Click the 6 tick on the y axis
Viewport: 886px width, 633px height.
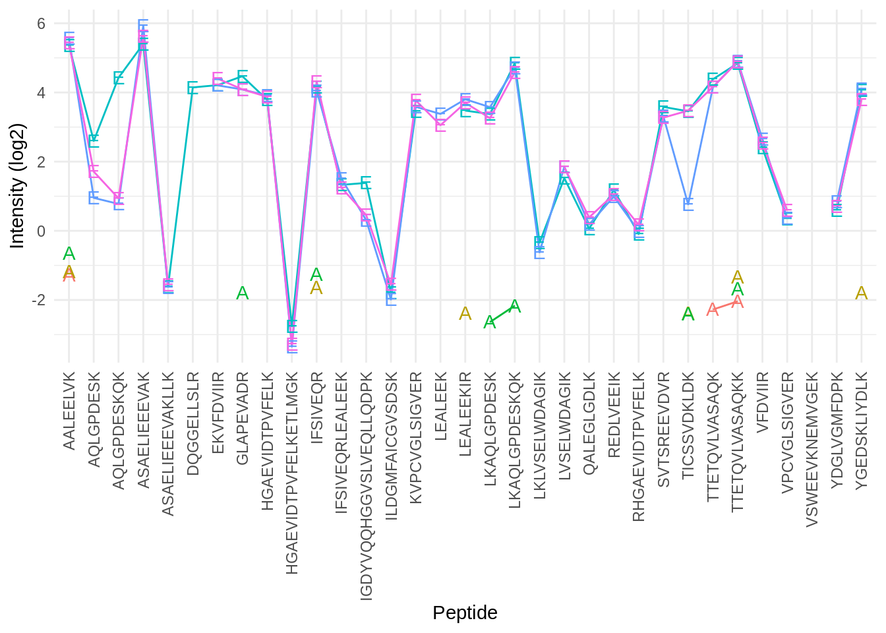41,24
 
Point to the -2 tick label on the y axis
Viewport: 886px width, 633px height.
38,300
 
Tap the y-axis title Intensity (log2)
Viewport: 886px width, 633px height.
18,186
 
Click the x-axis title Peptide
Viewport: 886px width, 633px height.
465,613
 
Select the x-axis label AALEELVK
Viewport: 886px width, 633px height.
69,411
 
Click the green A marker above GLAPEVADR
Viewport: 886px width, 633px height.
243,293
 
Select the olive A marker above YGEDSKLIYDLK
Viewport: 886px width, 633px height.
862,293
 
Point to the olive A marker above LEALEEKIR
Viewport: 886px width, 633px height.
465,314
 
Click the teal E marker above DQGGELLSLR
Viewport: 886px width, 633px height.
193,87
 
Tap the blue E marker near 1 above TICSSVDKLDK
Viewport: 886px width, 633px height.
688,204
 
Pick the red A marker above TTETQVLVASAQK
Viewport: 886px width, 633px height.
713,309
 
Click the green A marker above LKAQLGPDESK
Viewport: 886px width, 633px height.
490,322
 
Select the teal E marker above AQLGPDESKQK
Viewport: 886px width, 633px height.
119,78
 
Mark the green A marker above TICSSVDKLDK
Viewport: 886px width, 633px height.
688,315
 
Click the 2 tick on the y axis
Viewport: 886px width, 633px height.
41,162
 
